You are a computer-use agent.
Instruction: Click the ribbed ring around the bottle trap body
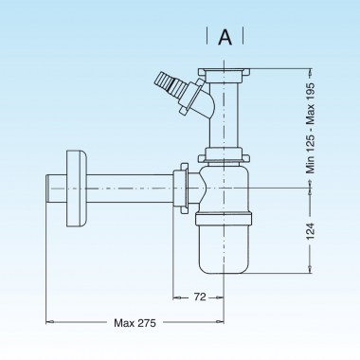(x=225, y=220)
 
